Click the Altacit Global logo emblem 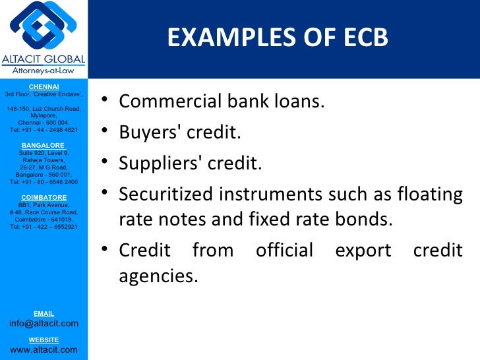point(43,27)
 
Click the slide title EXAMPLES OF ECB point(278,39)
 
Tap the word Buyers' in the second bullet point(144,133)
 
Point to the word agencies point(158,276)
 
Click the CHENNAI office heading point(44,87)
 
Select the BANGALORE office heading point(44,145)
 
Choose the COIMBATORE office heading point(44,197)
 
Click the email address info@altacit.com point(44,323)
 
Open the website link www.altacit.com point(44,349)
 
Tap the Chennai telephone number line point(44,130)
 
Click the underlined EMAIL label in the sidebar point(44,313)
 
